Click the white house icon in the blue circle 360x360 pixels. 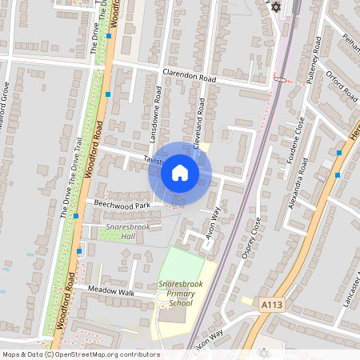(x=180, y=173)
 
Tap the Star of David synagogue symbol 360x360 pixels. (x=277, y=7)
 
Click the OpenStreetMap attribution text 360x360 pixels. (x=81, y=354)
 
